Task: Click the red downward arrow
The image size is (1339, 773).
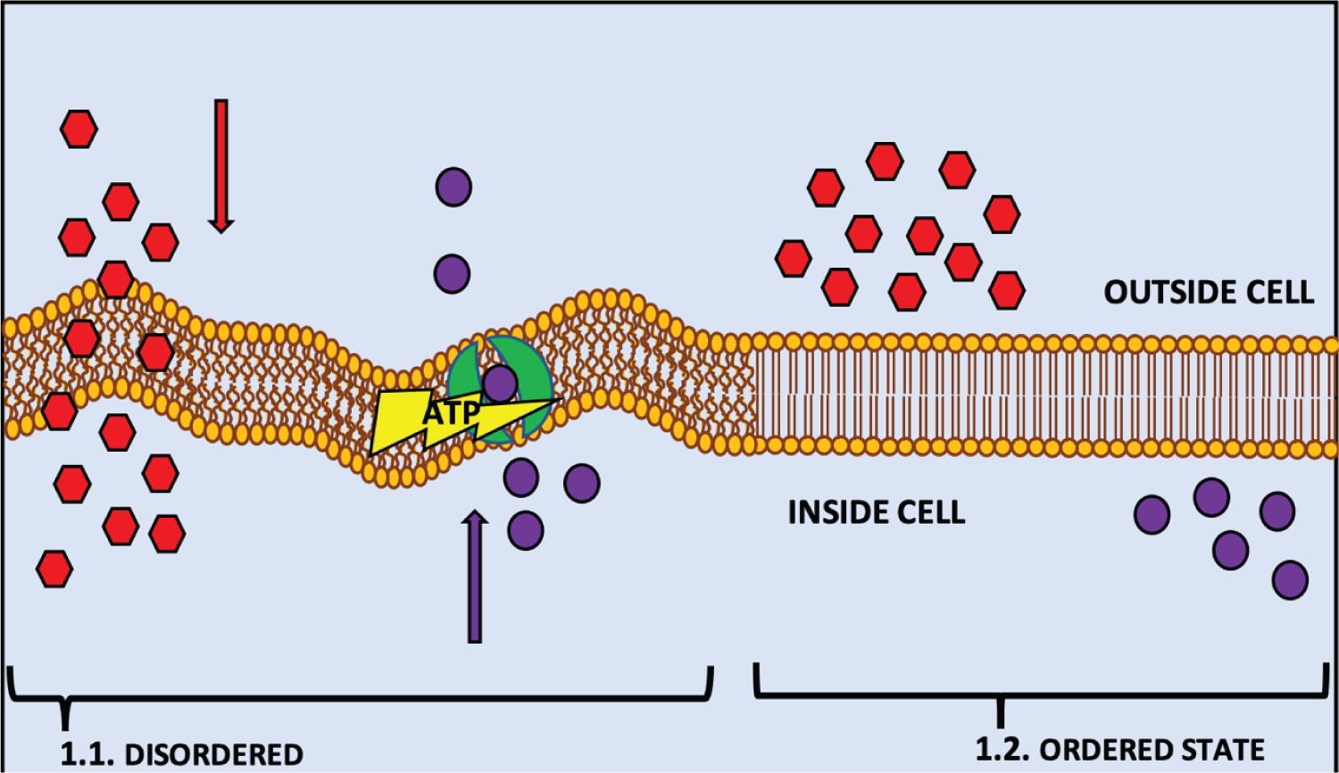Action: [x=220, y=165]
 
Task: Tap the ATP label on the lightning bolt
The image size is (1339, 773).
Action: [x=451, y=413]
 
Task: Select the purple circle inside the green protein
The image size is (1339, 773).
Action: [x=500, y=383]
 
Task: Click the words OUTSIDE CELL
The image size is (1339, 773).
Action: [x=1209, y=293]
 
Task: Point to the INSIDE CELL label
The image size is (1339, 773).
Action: [x=876, y=512]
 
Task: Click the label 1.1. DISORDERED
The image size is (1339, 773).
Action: [x=181, y=754]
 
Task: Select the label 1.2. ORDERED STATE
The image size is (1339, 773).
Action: [x=1119, y=750]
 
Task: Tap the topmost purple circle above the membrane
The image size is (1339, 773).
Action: [x=453, y=187]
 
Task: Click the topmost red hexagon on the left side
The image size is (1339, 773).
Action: [x=79, y=129]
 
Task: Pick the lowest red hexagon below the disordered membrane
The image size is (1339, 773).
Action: [x=54, y=569]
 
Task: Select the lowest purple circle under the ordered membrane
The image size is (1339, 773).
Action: [x=1290, y=580]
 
